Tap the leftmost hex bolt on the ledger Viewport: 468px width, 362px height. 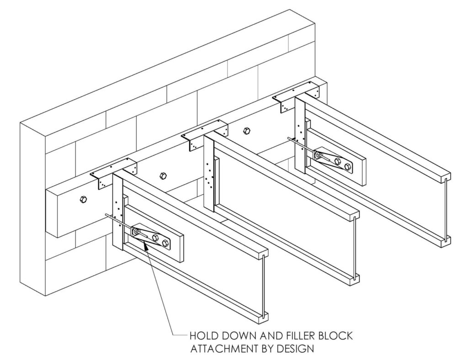[x=83, y=199]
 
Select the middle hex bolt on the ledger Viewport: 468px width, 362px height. [x=163, y=175]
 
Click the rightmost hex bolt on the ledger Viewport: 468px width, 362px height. [x=246, y=130]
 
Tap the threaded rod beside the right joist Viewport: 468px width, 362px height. [x=302, y=146]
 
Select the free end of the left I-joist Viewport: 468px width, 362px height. [x=263, y=287]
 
